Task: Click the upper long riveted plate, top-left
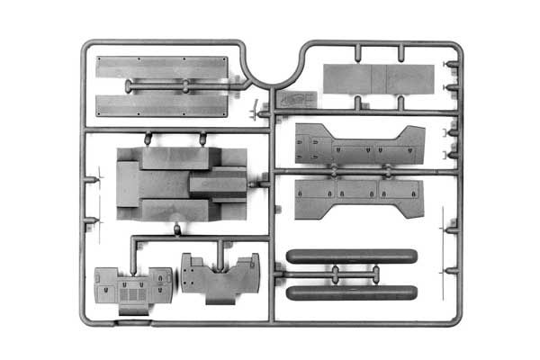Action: (x=162, y=67)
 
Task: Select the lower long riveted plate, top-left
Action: (x=162, y=104)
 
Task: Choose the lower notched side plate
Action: (x=360, y=197)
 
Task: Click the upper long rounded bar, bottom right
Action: (x=351, y=256)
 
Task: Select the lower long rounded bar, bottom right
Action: (x=351, y=292)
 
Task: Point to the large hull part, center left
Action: (x=180, y=184)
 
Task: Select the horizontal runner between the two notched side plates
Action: (x=360, y=169)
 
